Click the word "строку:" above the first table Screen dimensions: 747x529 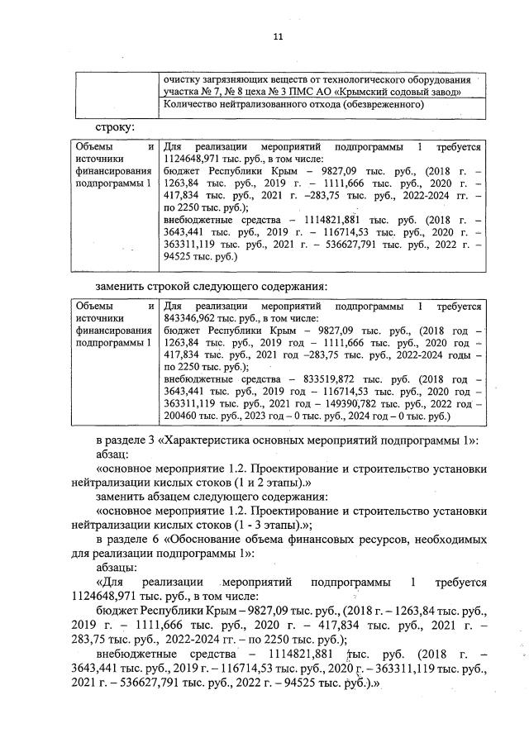[115, 126]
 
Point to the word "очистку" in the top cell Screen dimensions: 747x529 [183, 80]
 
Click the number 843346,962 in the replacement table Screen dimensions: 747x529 [193, 316]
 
